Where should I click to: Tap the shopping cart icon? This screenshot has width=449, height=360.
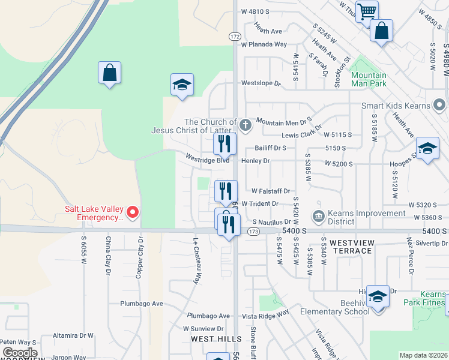pyautogui.click(x=367, y=10)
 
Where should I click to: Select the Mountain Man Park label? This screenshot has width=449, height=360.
pyautogui.click(x=369, y=80)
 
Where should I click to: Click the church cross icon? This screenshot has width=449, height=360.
pyautogui.click(x=244, y=125)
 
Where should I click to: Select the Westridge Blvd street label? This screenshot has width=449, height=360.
pyautogui.click(x=208, y=160)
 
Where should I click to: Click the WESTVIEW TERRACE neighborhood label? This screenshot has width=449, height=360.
pyautogui.click(x=351, y=247)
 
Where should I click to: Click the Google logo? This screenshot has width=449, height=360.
pyautogui.click(x=20, y=353)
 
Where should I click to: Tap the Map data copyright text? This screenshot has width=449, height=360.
pyautogui.click(x=423, y=355)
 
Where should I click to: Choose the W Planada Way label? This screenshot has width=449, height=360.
pyautogui.click(x=264, y=44)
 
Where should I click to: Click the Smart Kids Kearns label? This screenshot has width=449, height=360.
pyautogui.click(x=396, y=106)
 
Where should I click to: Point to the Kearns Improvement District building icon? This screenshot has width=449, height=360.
pyautogui.click(x=319, y=215)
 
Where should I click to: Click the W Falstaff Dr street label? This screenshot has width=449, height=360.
pyautogui.click(x=271, y=191)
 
